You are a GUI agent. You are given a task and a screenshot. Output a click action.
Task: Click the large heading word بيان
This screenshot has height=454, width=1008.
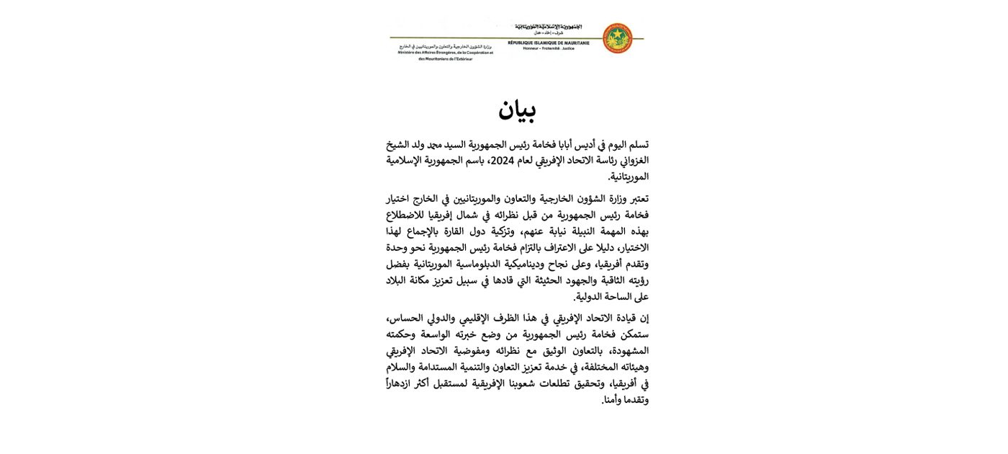click(x=516, y=110)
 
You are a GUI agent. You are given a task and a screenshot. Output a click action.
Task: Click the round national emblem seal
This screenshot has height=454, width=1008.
click(x=616, y=38)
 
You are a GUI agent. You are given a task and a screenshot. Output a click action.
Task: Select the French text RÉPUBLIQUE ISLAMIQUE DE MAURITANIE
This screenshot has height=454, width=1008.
click(x=549, y=43)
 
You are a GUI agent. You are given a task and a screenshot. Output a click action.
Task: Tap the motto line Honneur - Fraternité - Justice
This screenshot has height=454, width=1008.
click(x=549, y=48)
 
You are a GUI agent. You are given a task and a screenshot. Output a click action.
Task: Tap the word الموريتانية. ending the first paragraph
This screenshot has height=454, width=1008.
click(x=629, y=176)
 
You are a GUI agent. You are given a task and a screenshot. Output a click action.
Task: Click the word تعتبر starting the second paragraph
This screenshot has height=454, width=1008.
click(x=635, y=199)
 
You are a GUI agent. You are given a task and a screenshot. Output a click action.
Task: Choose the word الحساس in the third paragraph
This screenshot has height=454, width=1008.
click(x=405, y=318)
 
